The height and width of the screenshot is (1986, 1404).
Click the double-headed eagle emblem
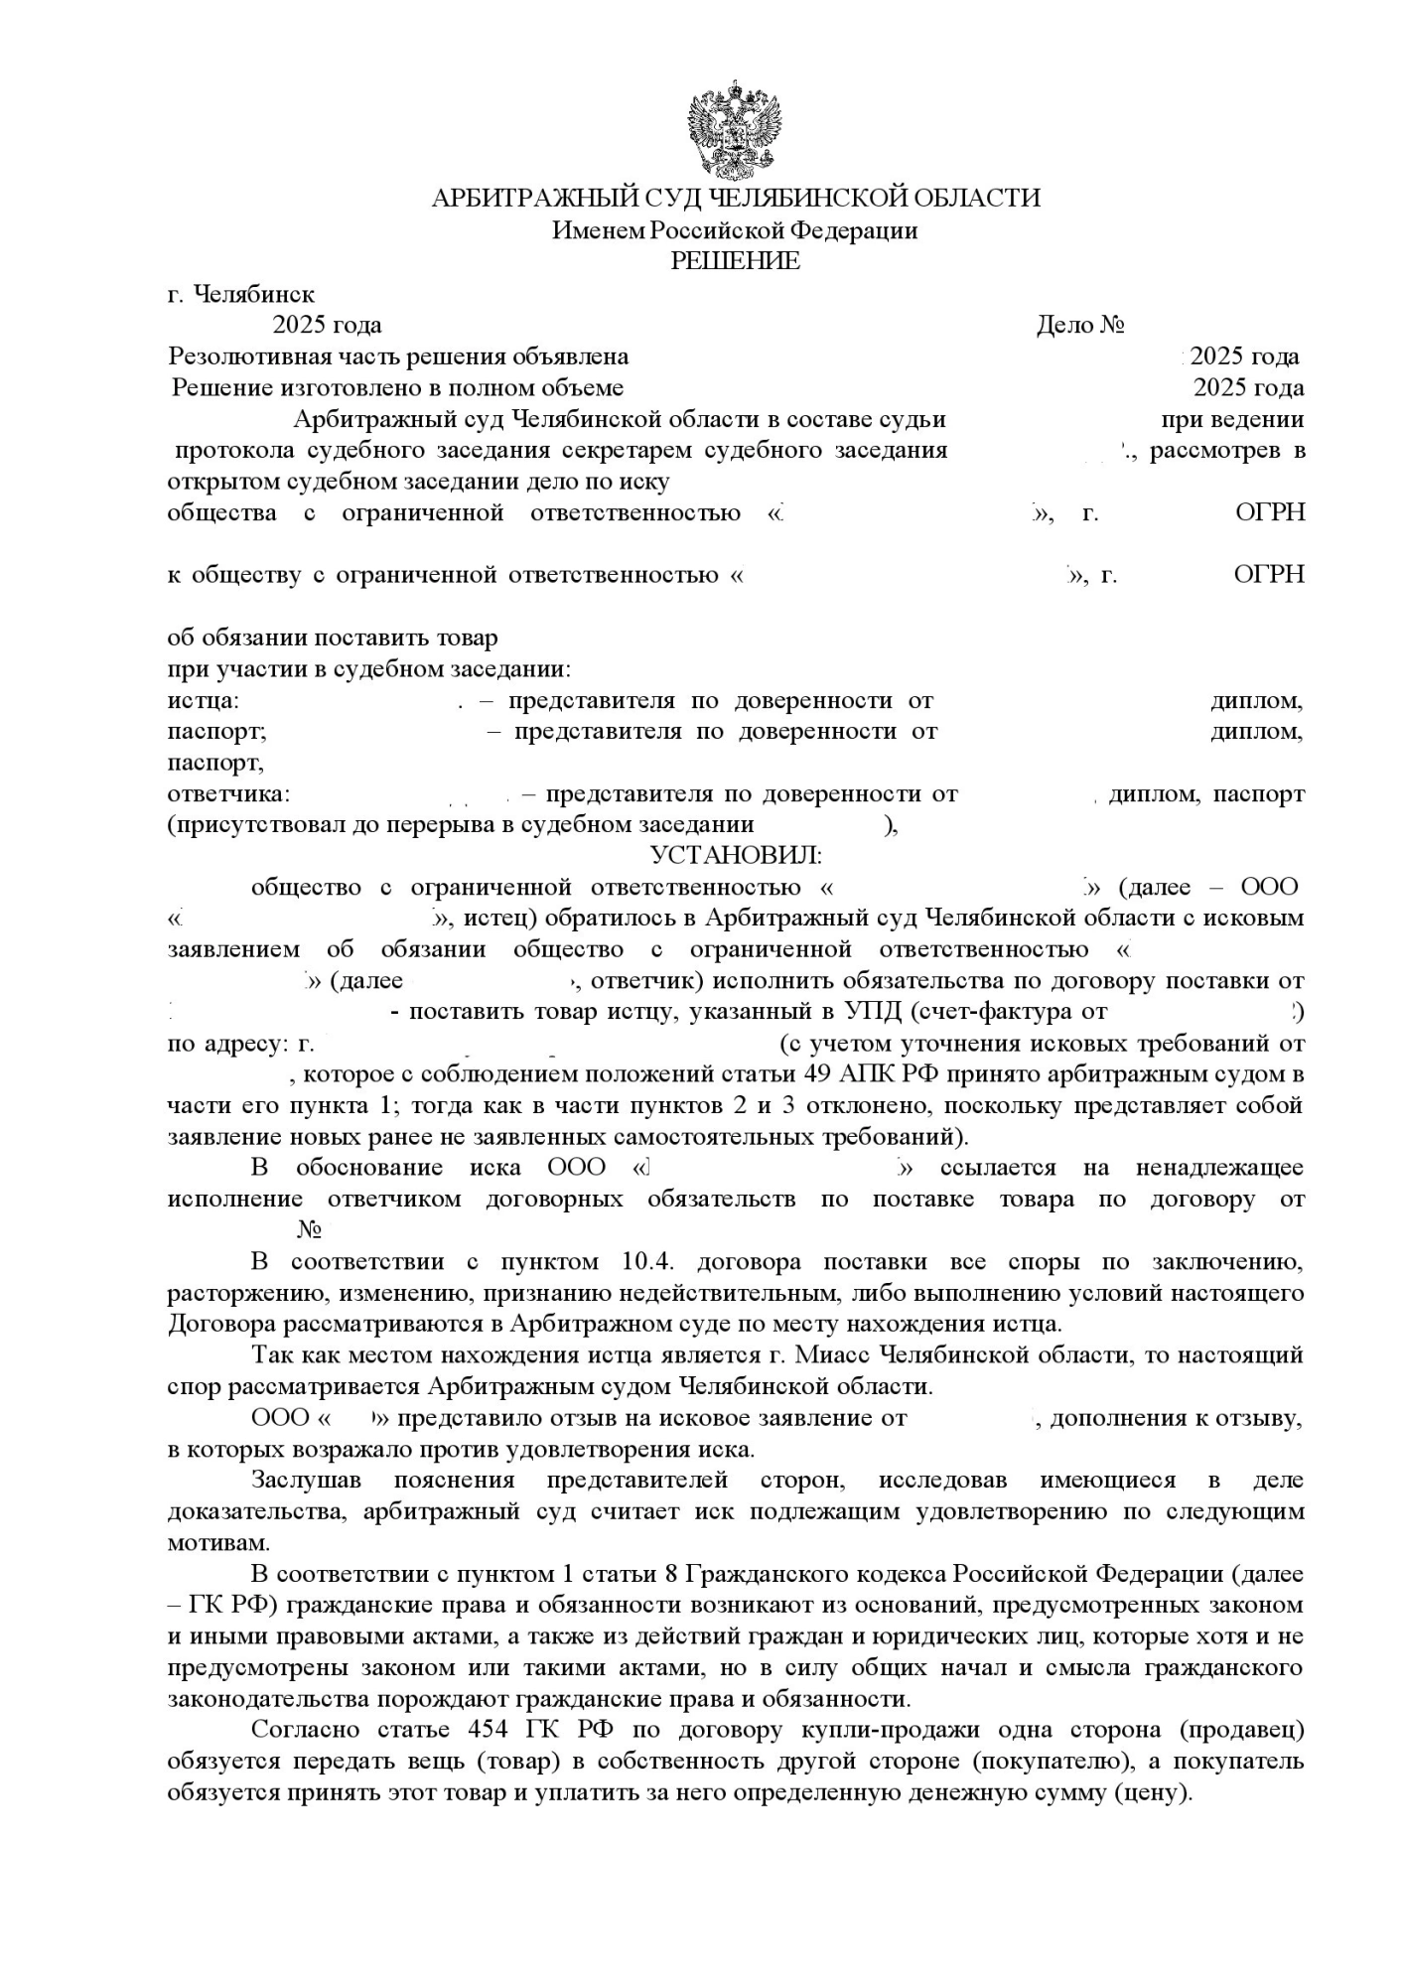point(736,130)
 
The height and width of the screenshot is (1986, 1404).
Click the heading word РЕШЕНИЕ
point(736,261)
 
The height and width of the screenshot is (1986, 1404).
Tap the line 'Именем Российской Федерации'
point(735,230)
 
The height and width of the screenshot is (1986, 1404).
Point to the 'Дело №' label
point(1079,325)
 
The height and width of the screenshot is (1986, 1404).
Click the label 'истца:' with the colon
point(203,700)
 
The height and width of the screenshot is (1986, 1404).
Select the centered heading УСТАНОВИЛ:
point(736,855)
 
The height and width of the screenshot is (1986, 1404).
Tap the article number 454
point(489,1729)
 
